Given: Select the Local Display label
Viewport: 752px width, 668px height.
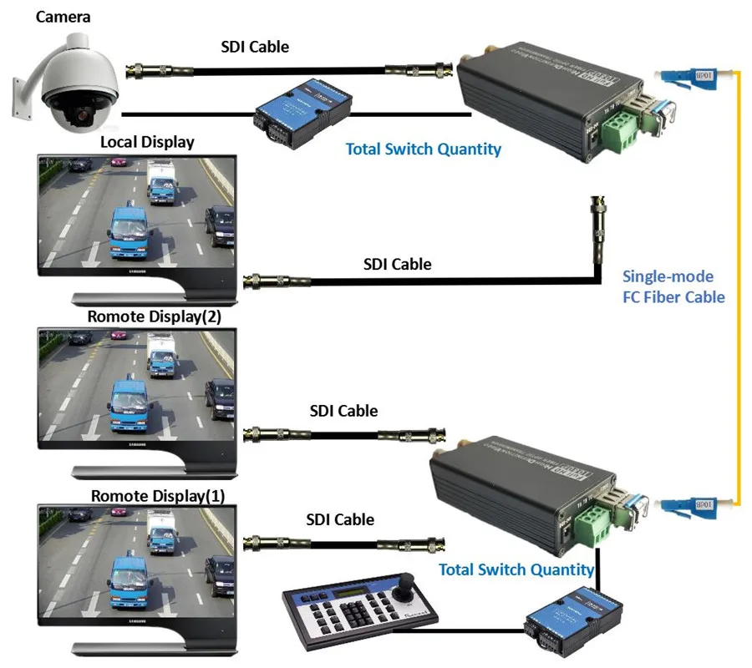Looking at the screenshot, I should click(x=147, y=142).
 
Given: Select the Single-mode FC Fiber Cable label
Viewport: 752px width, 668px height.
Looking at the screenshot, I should click(x=673, y=286).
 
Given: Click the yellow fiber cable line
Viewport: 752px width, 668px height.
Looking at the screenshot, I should click(x=739, y=284).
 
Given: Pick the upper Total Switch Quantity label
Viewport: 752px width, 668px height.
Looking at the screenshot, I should click(x=424, y=149).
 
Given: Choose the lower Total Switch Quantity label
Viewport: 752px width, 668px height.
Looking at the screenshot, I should click(x=516, y=570).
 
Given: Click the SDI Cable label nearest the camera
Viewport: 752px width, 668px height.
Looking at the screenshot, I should click(x=255, y=47).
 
